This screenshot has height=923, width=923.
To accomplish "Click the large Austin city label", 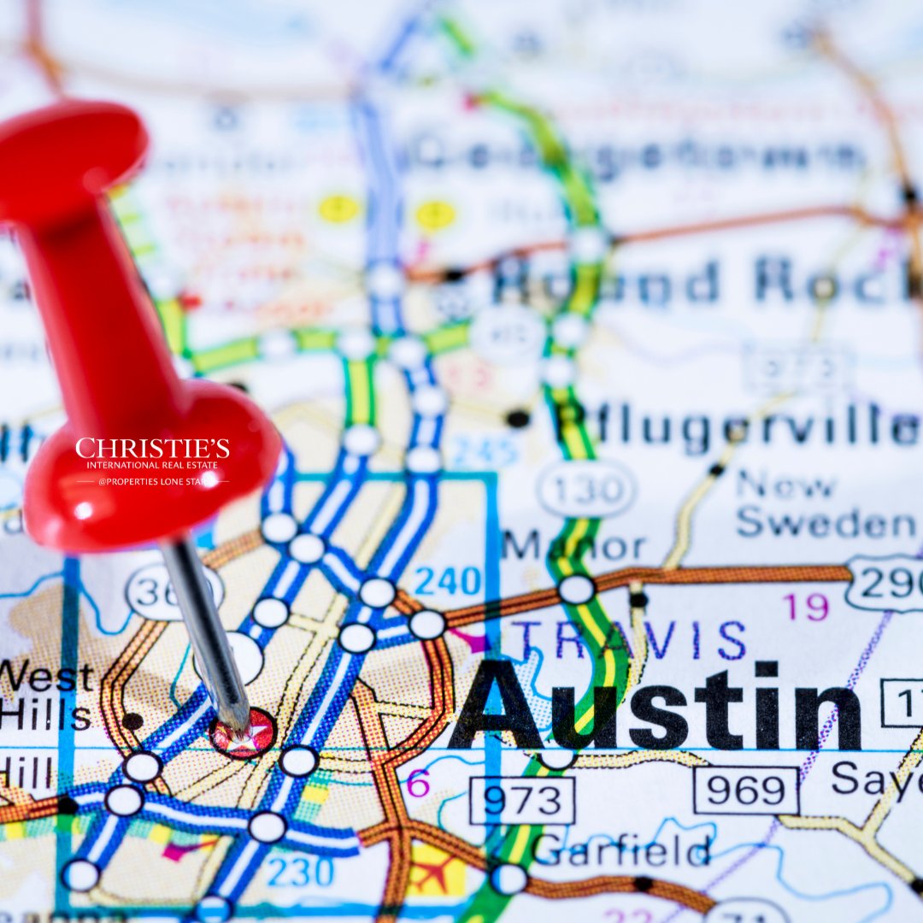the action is pos(655,706).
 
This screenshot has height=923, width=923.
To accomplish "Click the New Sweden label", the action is pos(824,504).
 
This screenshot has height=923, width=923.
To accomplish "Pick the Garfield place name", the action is pos(620,850).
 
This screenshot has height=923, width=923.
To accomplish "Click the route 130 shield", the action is pos(586,489).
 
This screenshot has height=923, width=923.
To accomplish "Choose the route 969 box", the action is pos(745,791).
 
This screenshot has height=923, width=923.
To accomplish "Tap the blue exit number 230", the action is pos(300,871).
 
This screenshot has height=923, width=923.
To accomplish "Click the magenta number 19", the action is pos(805,607).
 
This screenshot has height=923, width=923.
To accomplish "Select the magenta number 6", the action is pos(418,783).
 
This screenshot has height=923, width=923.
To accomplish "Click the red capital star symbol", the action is pos(244,734).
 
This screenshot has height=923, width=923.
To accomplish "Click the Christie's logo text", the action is pos(152,449).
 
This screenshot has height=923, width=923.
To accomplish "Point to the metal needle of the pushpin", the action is pos(206,629).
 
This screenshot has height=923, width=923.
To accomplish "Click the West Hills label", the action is pos(46,697).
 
